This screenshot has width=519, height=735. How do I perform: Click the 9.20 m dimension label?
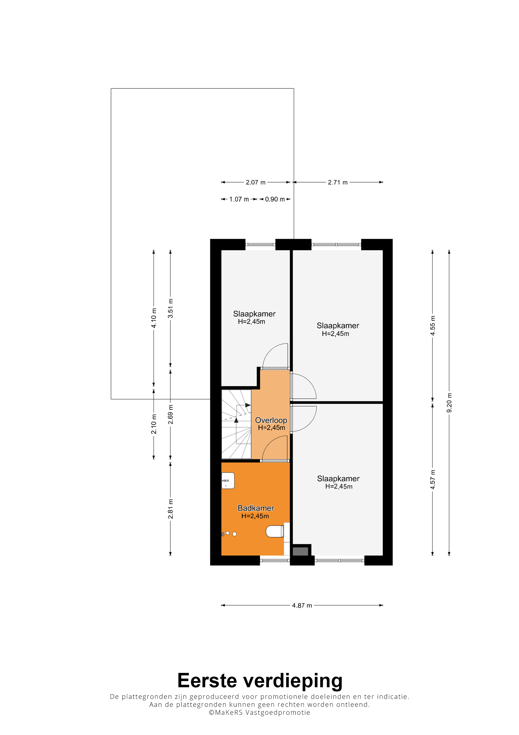click(x=449, y=403)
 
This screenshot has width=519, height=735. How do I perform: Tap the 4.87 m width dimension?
click(x=302, y=605)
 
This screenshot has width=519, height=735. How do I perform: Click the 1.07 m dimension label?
click(x=239, y=199)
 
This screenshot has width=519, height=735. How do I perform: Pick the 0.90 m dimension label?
click(x=275, y=199)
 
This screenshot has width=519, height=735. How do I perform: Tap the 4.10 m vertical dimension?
click(x=154, y=318)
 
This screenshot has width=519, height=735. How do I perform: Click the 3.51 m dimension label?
click(x=171, y=308)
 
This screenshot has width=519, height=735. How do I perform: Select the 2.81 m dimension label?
click(x=171, y=509)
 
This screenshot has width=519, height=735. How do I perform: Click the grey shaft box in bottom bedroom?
click(x=300, y=551)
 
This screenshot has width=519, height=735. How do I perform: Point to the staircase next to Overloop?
click(x=236, y=424)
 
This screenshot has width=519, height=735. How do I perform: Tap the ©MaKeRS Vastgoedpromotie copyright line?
click(x=259, y=712)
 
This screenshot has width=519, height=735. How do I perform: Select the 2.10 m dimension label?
click(x=154, y=424)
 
